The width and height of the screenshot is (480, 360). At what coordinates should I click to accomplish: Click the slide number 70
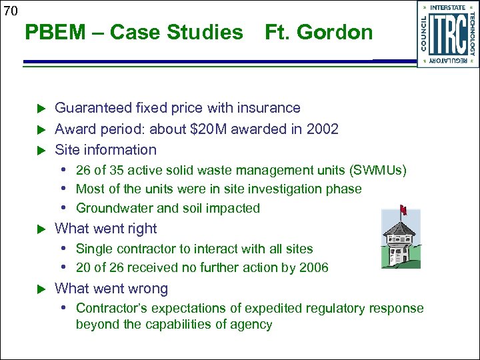click(x=9, y=10)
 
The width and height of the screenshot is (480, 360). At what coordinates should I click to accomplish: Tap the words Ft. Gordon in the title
click(x=319, y=32)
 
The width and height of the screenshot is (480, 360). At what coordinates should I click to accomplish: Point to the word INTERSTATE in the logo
click(x=448, y=8)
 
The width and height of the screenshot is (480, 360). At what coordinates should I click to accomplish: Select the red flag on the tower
click(x=403, y=211)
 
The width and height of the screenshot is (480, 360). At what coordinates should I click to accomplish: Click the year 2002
click(x=322, y=129)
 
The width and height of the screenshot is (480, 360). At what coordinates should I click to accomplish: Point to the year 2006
click(x=314, y=268)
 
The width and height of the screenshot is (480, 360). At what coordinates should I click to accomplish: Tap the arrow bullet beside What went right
click(x=39, y=229)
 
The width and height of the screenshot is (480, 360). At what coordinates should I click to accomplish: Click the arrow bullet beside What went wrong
click(x=39, y=289)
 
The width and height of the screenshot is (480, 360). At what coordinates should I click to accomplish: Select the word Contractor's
click(x=109, y=308)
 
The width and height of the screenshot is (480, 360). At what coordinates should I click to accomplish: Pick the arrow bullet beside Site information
click(x=39, y=149)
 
